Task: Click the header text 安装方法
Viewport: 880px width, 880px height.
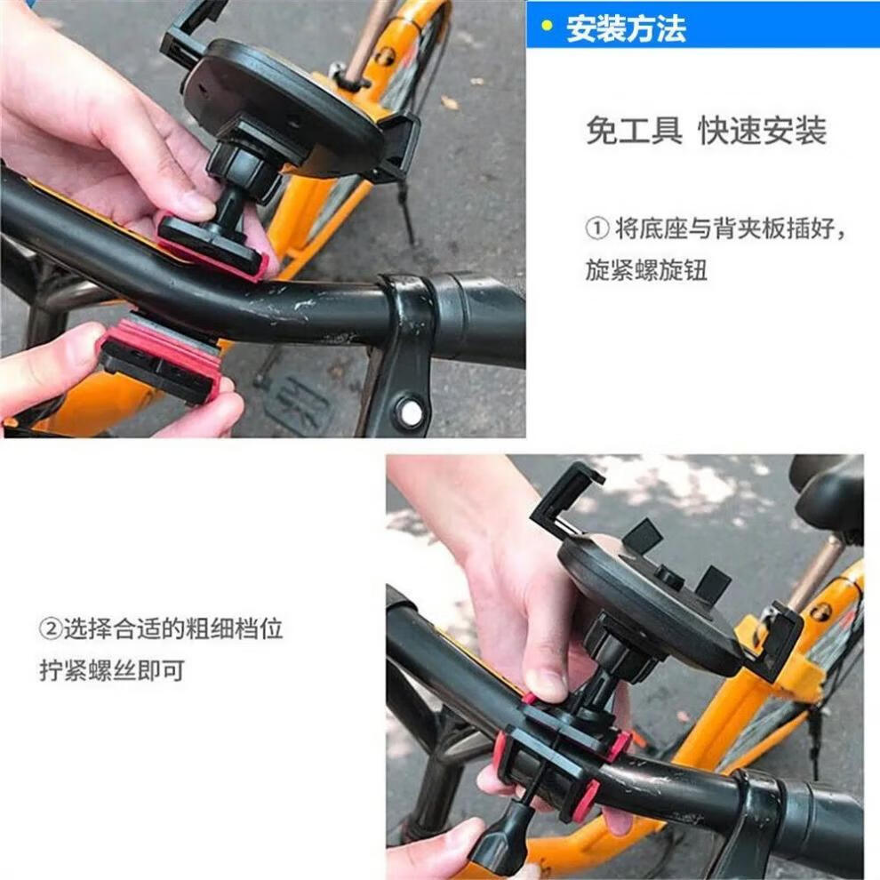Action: click(626, 28)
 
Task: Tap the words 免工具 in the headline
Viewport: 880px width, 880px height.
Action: click(634, 130)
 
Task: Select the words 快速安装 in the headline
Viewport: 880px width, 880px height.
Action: click(762, 130)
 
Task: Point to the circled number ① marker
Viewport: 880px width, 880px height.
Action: click(596, 228)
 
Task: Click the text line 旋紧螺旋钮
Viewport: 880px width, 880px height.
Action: click(646, 270)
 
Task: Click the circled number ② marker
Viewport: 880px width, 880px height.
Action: click(50, 628)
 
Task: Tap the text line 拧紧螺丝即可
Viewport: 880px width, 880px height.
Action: click(112, 670)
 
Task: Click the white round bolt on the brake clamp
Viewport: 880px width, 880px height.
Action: click(412, 413)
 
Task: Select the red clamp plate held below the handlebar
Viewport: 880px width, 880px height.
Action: click(160, 359)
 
